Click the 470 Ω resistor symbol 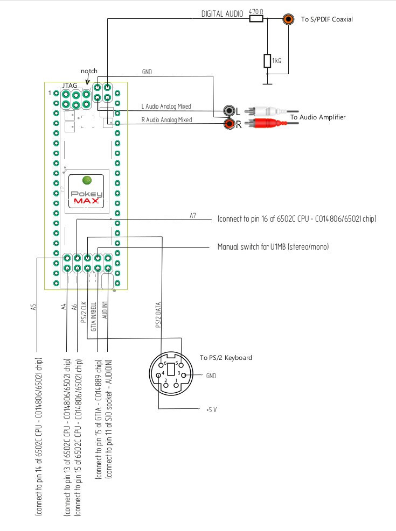pyautogui.click(x=256, y=19)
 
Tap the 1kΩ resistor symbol pyautogui.click(x=267, y=61)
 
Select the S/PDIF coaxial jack pyautogui.click(x=289, y=19)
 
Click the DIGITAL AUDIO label pyautogui.click(x=223, y=13)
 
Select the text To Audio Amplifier pyautogui.click(x=318, y=117)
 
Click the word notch pyautogui.click(x=89, y=71)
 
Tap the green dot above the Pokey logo pyautogui.click(x=87, y=180)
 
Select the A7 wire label pyautogui.click(x=192, y=215)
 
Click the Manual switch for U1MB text pyautogui.click(x=273, y=247)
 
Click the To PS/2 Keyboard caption pyautogui.click(x=226, y=357)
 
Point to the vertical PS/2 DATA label pyautogui.click(x=158, y=315)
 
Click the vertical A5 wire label pyautogui.click(x=33, y=307)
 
